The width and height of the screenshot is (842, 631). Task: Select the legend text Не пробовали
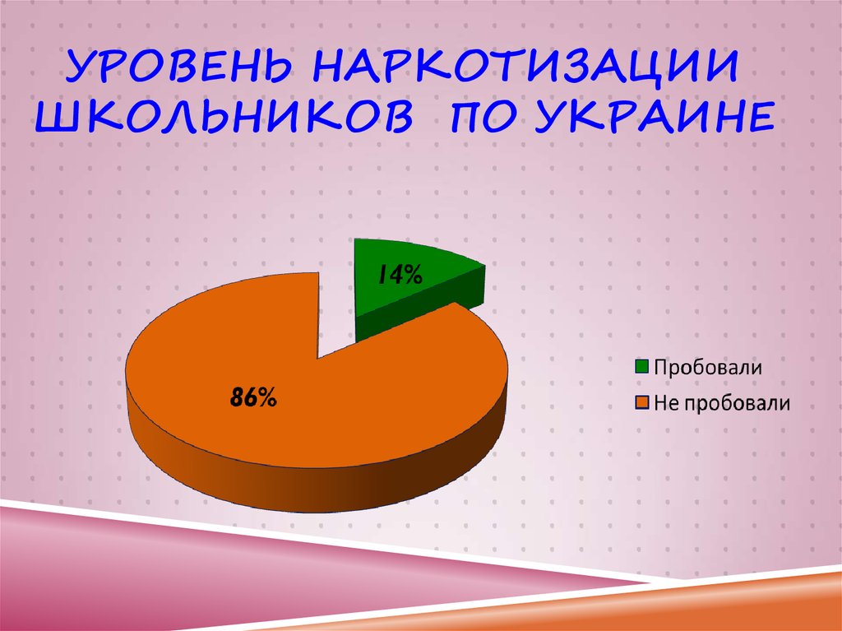(721, 402)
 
